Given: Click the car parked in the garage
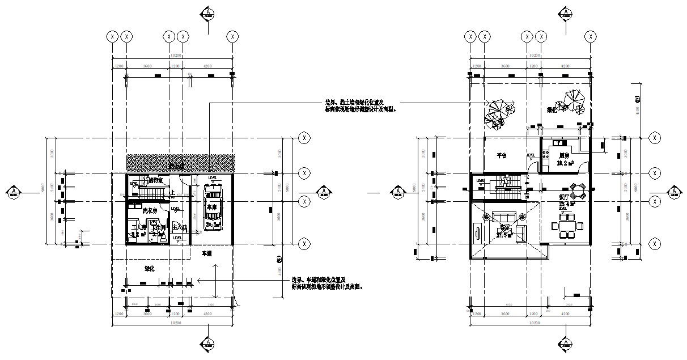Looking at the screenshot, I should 212,207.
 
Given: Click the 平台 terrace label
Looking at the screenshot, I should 501,155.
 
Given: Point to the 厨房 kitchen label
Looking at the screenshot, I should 563,155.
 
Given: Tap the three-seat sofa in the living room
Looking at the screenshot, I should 503,216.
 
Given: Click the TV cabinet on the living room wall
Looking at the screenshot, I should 477,233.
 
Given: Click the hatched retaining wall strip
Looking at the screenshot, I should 180,163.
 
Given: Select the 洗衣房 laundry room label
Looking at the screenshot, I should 149,210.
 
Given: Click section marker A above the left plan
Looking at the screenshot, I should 208,14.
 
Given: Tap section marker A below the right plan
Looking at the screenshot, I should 565,344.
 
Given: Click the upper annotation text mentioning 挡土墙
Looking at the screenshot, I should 361,106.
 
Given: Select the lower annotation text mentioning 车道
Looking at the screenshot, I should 326,283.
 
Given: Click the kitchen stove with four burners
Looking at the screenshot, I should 547,153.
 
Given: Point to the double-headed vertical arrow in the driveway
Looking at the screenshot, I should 215,282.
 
